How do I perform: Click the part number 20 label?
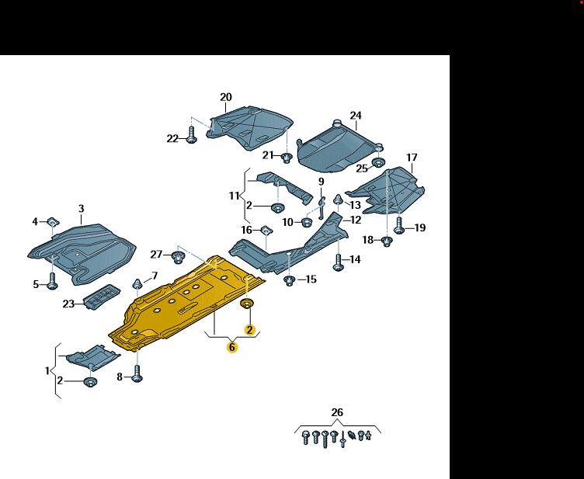225,97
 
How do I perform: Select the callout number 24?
355,116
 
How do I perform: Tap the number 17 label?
412,158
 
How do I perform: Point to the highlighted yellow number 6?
231,348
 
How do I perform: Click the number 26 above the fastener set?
336,412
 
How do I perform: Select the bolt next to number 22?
192,137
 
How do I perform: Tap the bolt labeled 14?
337,262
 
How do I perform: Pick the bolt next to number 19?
399,227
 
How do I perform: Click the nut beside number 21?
286,158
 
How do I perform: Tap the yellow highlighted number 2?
250,329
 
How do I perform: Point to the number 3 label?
81,208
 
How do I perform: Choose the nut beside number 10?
305,223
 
